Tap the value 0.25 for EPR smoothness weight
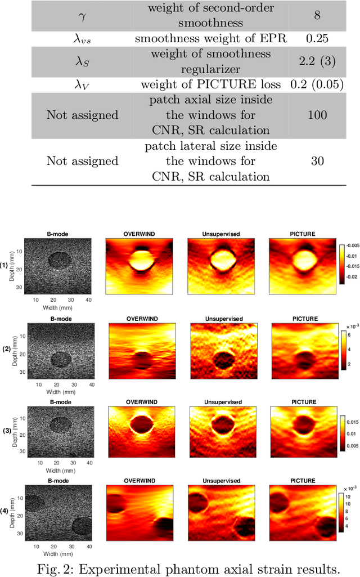click(x=317, y=38)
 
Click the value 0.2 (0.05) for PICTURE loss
click(x=317, y=84)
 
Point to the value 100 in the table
click(x=317, y=115)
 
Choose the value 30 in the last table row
click(x=317, y=161)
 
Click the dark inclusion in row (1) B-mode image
click(x=60, y=260)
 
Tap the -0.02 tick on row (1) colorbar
click(x=353, y=278)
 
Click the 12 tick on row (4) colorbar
click(x=349, y=497)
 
